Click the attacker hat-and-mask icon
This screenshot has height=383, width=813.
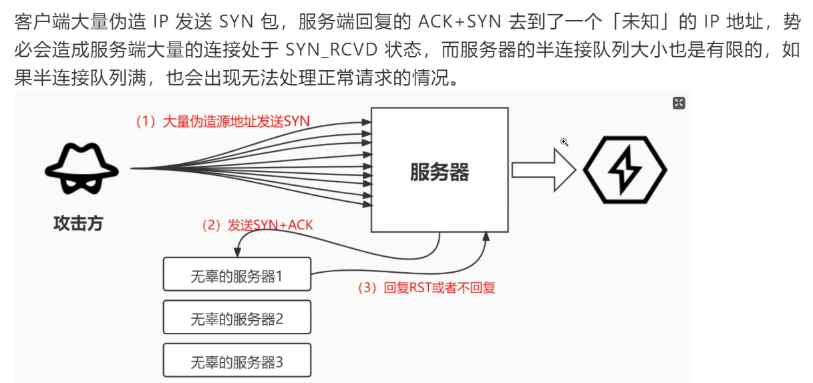(82, 169)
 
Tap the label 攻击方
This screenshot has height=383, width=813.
(78, 223)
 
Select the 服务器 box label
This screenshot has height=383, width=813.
(439, 172)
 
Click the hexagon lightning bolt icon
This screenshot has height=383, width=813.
(625, 170)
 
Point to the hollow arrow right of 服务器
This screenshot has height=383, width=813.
(543, 170)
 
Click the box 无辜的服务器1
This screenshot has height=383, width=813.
(237, 274)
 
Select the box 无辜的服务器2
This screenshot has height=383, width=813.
(237, 317)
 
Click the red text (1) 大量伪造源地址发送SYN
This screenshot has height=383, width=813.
(223, 121)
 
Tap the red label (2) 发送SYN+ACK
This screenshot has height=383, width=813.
(257, 225)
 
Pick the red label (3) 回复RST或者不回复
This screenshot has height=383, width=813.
(426, 288)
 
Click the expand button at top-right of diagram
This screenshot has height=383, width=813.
(679, 102)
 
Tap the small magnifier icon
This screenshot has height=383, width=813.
(564, 142)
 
